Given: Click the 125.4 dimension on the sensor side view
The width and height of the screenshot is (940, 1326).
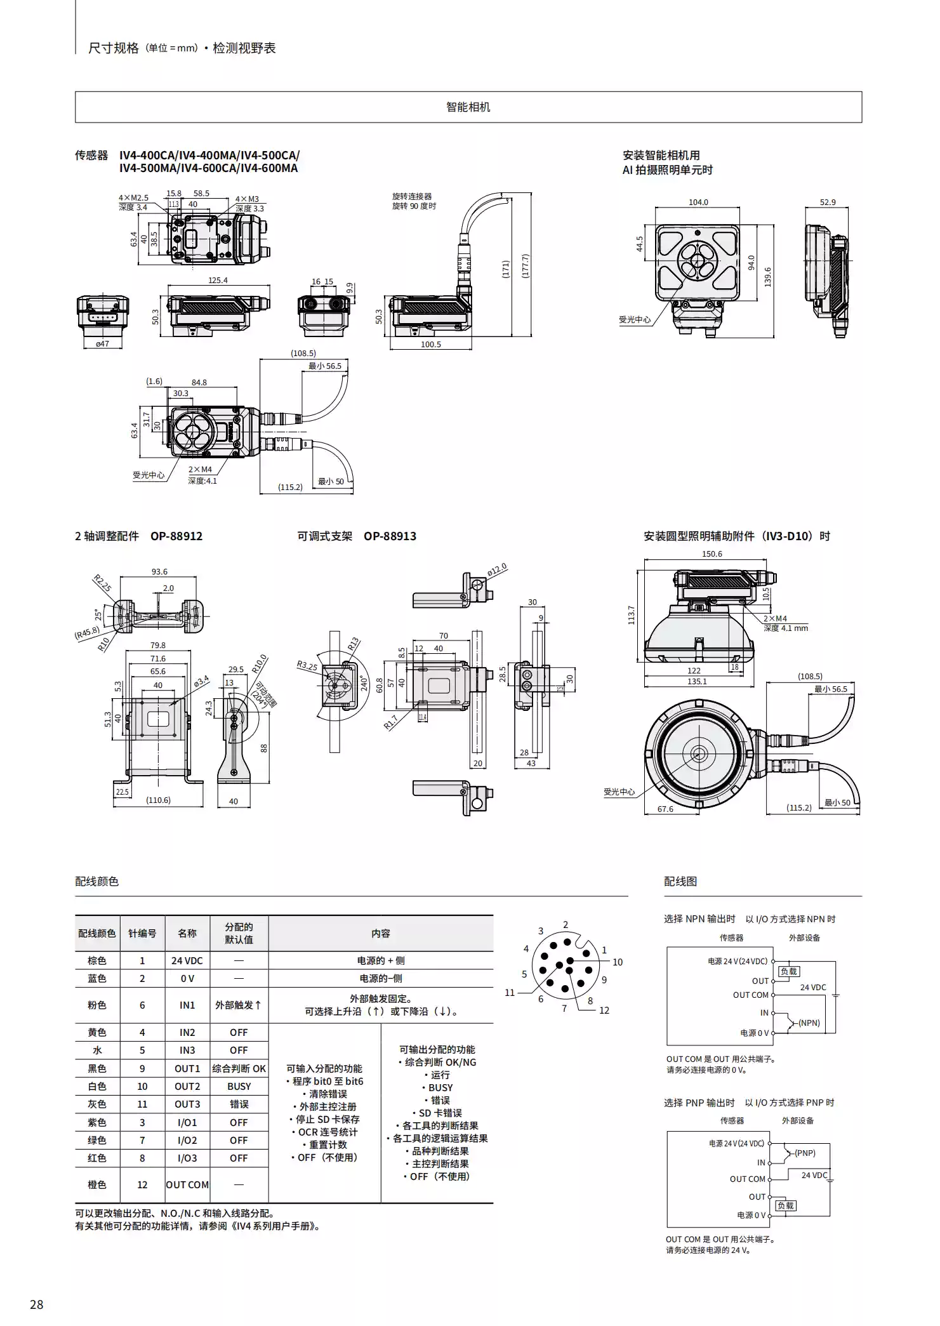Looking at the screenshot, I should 218,280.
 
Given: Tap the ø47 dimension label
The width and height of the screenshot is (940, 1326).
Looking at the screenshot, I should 102,343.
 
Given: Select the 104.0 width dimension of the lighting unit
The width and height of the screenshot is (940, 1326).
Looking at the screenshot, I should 698,202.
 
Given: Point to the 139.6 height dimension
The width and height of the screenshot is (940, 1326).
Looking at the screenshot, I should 767,277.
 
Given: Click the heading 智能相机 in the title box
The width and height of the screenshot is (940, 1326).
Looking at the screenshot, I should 468,107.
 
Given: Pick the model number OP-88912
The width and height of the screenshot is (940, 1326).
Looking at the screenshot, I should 176,536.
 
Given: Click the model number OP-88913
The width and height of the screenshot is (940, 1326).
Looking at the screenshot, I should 390,536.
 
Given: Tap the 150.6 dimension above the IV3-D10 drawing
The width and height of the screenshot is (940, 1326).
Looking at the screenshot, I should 712,554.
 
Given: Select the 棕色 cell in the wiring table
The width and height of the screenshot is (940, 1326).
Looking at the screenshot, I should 97,960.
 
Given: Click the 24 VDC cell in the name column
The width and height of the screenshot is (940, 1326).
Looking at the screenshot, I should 187,960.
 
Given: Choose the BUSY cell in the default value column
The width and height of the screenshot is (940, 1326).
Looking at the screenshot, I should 239,1086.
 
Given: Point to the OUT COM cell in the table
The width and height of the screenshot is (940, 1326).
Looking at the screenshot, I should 187,1184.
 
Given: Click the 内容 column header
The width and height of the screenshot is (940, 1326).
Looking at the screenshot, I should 380,933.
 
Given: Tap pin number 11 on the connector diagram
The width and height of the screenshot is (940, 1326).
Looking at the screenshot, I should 509,993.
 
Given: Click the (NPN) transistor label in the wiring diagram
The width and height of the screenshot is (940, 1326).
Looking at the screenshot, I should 809,1023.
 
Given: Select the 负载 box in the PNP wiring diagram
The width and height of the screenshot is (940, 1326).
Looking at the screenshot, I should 785,1205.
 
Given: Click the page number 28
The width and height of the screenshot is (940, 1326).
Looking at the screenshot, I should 37,1304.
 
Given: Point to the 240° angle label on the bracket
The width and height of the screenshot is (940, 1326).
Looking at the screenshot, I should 364,683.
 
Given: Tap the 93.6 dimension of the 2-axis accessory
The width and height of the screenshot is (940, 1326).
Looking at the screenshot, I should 159,571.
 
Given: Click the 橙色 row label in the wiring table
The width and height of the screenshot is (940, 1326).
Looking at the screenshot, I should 97,1184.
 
